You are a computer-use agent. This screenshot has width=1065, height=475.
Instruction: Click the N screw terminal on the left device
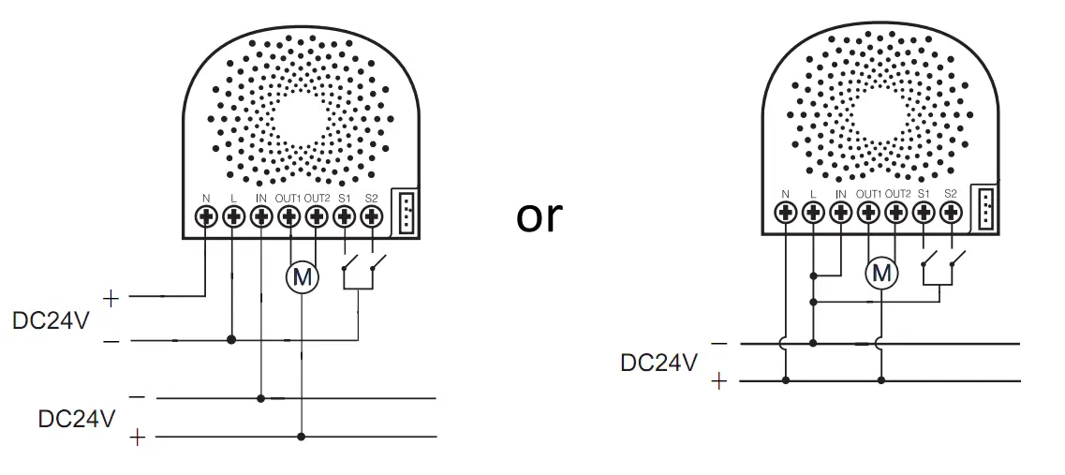tap(206, 216)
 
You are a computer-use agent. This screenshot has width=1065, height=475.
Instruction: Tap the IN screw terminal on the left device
tap(261, 216)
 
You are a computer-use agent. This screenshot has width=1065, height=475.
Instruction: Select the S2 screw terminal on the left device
tap(372, 216)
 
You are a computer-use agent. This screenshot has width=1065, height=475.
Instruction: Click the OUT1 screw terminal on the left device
tap(289, 216)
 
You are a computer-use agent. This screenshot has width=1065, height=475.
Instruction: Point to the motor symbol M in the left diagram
tap(302, 276)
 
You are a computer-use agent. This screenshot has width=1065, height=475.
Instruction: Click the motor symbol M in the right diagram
tap(881, 273)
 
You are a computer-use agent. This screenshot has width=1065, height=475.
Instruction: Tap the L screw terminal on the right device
tap(813, 212)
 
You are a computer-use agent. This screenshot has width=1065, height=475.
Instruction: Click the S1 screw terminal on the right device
tap(924, 212)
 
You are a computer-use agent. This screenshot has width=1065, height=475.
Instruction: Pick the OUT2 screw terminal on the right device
tap(896, 212)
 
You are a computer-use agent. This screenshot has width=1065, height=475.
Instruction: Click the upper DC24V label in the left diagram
tap(52, 320)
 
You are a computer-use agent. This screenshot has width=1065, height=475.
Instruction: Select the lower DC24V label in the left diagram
tap(77, 418)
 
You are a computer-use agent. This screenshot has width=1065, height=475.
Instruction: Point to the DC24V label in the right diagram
tap(659, 363)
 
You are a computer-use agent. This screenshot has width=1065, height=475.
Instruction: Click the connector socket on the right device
tap(985, 208)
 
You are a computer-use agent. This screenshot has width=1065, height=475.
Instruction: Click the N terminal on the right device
tap(786, 212)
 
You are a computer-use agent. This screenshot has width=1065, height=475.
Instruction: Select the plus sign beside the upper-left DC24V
tap(111, 299)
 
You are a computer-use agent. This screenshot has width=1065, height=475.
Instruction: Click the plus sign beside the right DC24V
tap(719, 381)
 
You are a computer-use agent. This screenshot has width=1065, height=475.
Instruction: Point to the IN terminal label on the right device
tap(840, 194)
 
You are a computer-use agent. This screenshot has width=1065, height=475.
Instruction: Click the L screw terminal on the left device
tap(234, 216)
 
